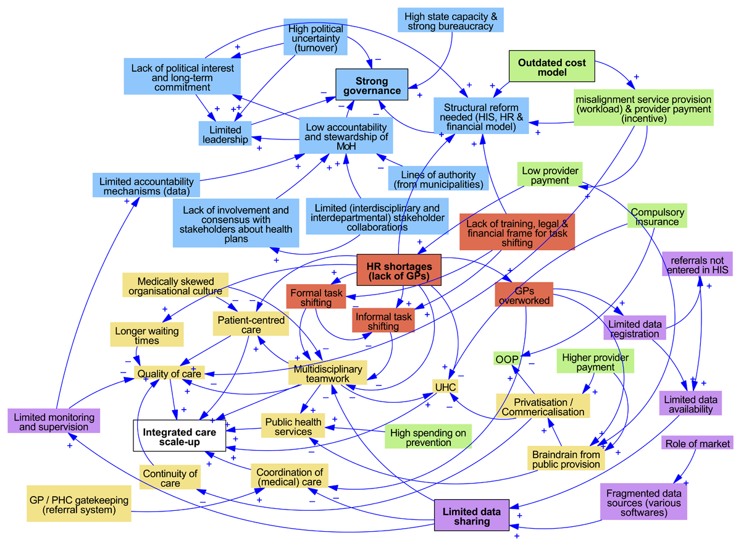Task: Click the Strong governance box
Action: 372,86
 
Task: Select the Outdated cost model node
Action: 551,68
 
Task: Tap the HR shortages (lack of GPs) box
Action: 399,271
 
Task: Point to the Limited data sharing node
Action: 475,516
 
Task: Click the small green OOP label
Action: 506,359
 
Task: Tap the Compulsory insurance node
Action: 656,217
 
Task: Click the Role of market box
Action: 697,443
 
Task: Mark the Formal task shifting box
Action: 316,297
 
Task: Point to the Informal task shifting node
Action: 383,321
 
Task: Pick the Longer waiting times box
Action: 146,336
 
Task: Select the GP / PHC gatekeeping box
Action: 79,505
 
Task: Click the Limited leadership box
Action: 225,135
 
